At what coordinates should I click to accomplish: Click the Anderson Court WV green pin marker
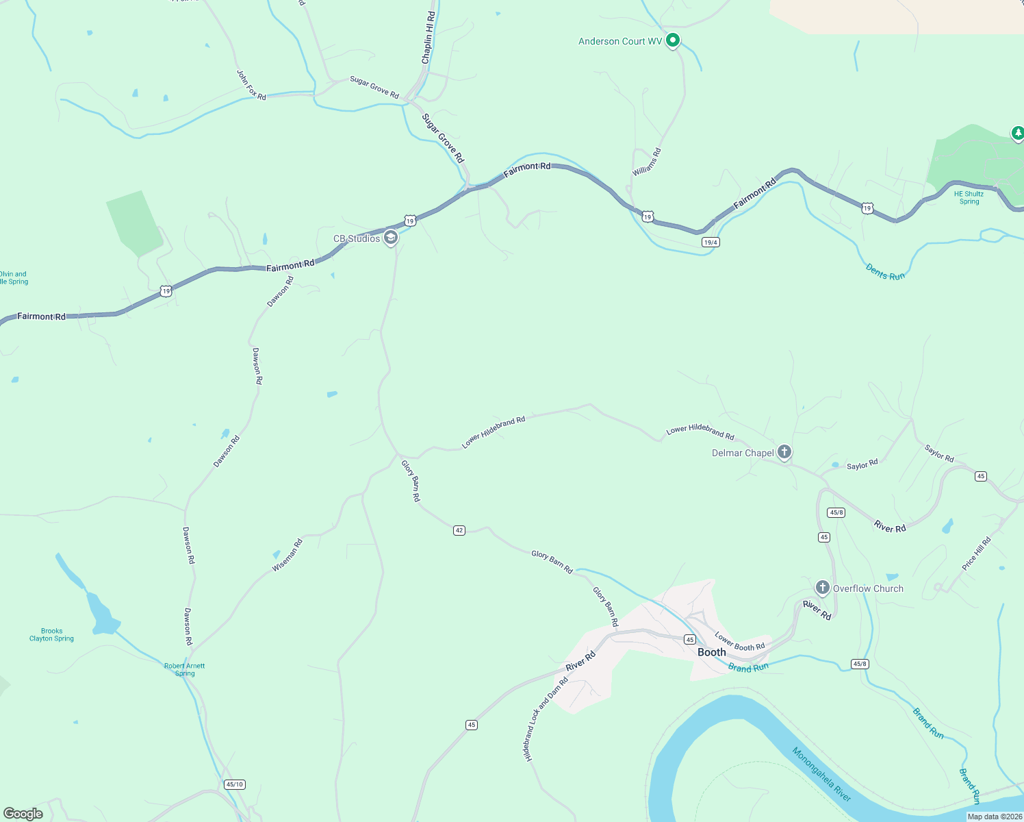pyautogui.click(x=673, y=40)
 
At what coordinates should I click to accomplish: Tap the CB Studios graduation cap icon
pyautogui.click(x=391, y=238)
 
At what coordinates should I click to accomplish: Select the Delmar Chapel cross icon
pyautogui.click(x=784, y=452)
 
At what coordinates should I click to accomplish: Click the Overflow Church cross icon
pyautogui.click(x=822, y=588)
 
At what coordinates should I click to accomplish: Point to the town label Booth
pyautogui.click(x=711, y=652)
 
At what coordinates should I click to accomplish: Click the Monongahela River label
pyautogui.click(x=821, y=774)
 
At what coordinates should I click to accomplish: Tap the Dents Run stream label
pyautogui.click(x=885, y=272)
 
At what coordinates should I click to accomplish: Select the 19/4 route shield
pyautogui.click(x=711, y=242)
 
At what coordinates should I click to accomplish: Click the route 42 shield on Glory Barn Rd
pyautogui.click(x=459, y=530)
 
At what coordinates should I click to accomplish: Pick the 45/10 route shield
pyautogui.click(x=234, y=784)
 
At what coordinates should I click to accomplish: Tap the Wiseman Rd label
pyautogui.click(x=287, y=556)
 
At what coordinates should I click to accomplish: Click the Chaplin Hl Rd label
pyautogui.click(x=428, y=38)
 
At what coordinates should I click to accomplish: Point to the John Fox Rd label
pyautogui.click(x=251, y=85)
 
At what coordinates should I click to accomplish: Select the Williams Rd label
pyautogui.click(x=647, y=162)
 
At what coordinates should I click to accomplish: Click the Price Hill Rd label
pyautogui.click(x=976, y=553)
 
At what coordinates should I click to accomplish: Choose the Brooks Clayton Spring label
pyautogui.click(x=51, y=635)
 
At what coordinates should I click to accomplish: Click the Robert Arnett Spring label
pyautogui.click(x=185, y=669)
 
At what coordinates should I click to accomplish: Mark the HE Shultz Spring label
pyautogui.click(x=969, y=197)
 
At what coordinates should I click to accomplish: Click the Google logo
pyautogui.click(x=23, y=814)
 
